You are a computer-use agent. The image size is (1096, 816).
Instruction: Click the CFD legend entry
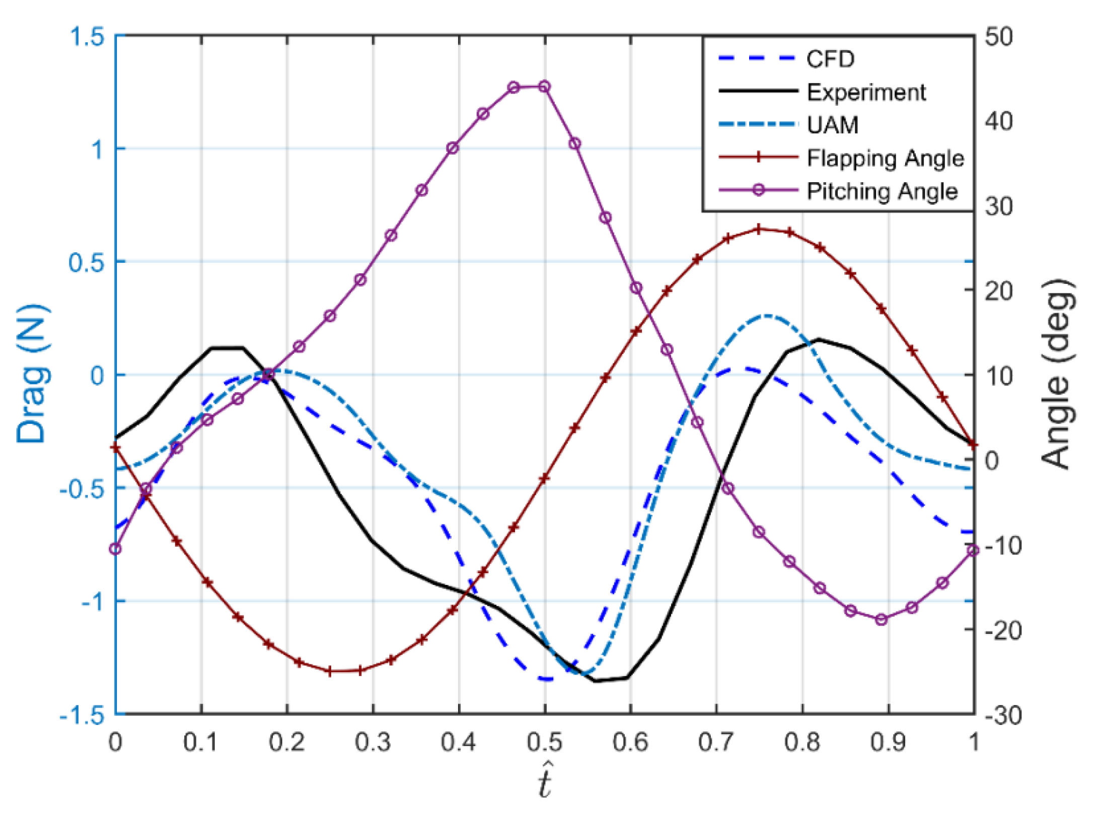tap(830, 59)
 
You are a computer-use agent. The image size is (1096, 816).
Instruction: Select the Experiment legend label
tap(866, 92)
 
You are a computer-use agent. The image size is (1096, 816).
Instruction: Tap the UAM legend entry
tap(833, 125)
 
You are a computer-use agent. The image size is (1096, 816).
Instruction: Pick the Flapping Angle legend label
tap(885, 158)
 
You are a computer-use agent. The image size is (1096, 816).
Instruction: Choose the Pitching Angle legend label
tap(882, 191)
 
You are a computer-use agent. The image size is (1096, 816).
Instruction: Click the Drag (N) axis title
tap(32, 374)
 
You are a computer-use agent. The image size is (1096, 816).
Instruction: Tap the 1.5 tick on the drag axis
tap(86, 37)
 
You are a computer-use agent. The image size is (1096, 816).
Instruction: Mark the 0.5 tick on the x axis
tap(545, 742)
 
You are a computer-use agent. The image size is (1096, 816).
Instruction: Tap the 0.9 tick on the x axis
tap(889, 742)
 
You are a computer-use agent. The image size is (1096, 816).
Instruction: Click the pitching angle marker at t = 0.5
tap(544, 87)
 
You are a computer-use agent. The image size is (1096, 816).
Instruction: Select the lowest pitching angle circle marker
tap(881, 620)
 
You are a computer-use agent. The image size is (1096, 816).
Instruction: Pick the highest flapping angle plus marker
tap(759, 229)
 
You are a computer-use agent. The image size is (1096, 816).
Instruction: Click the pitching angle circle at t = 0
tap(116, 549)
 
